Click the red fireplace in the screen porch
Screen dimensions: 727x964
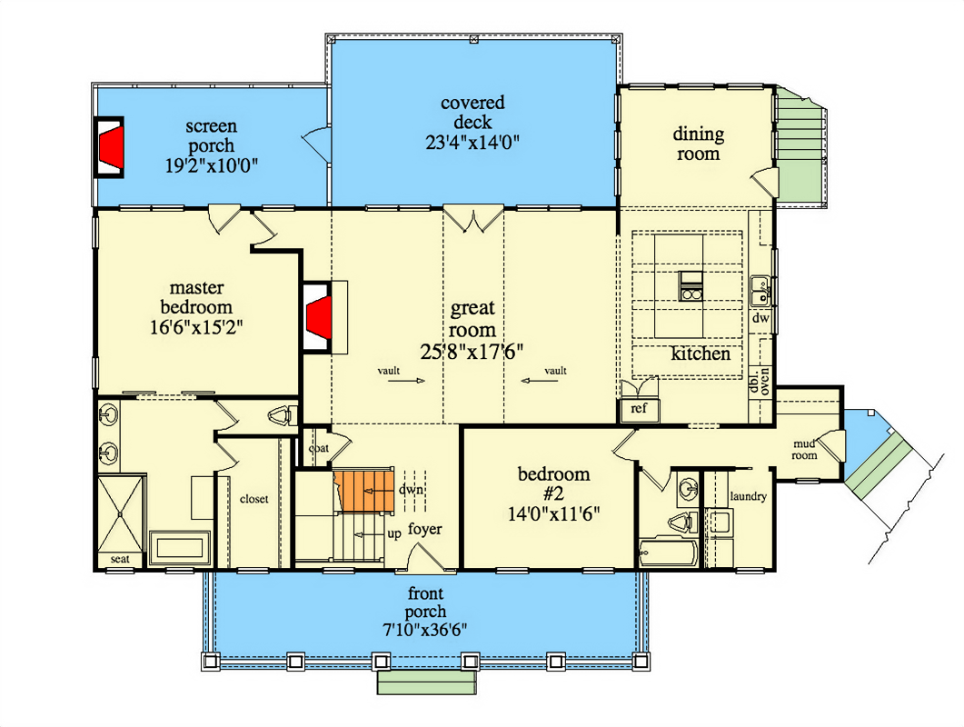pos(110,145)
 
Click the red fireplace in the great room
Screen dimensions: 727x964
pos(318,317)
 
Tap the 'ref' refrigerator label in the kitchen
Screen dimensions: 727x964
pos(639,409)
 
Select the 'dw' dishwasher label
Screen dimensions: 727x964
pos(760,319)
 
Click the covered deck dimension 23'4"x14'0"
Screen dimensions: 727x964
pos(472,142)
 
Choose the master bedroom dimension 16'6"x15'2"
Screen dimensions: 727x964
pos(196,325)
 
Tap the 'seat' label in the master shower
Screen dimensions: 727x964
pos(120,559)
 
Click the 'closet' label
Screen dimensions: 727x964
pos(253,499)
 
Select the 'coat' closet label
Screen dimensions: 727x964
pos(318,447)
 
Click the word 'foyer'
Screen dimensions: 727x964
pos(425,529)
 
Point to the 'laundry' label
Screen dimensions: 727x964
pos(749,496)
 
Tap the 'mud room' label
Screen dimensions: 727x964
pos(805,450)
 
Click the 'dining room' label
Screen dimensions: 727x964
pos(698,144)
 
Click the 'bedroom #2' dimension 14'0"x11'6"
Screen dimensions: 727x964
pos(553,512)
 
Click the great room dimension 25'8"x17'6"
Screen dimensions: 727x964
pos(473,350)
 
